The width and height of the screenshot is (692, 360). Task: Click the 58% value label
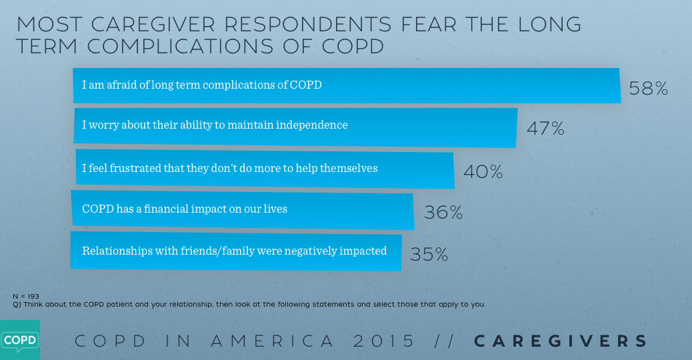click(x=648, y=88)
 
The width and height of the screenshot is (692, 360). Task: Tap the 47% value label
click(x=545, y=129)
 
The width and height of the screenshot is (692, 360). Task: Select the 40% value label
click(x=483, y=172)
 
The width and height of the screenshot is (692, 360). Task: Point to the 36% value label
click(x=443, y=213)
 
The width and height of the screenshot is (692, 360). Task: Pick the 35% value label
click(x=429, y=254)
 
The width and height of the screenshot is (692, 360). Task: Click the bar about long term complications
click(x=347, y=85)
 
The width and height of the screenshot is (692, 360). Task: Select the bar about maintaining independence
click(x=295, y=125)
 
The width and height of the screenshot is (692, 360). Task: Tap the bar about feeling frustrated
click(x=264, y=169)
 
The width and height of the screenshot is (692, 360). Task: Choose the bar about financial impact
click(x=243, y=209)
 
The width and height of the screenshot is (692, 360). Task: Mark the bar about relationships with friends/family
click(x=236, y=251)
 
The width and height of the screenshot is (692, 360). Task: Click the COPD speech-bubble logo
click(x=19, y=340)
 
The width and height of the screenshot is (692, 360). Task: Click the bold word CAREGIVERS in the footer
click(x=561, y=341)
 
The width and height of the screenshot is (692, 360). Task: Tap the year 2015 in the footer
click(x=385, y=341)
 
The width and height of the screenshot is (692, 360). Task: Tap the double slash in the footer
click(x=444, y=341)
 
